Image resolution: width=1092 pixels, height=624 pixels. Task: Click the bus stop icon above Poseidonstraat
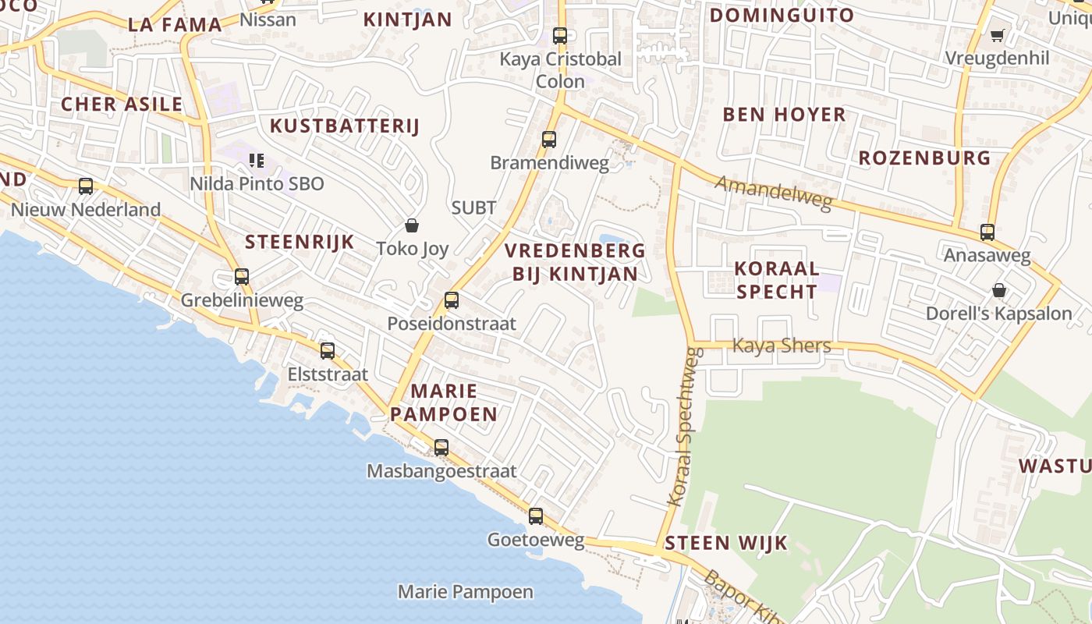451,300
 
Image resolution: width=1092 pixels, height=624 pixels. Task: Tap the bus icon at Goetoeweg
535,516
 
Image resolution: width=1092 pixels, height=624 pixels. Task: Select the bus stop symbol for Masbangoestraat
441,448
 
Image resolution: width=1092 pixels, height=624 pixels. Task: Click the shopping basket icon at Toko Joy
412,225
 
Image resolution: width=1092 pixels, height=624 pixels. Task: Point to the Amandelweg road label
774,192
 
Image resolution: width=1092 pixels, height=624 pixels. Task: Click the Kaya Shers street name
782,346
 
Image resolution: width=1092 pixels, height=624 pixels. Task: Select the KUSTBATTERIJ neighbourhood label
345,126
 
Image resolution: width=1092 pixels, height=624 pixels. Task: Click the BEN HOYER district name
784,115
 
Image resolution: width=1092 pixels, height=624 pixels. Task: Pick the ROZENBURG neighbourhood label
924,158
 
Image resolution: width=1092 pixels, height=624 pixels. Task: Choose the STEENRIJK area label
300,242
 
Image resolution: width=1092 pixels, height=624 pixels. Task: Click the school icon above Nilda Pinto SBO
256,161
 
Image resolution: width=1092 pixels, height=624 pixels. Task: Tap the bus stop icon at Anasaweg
987,232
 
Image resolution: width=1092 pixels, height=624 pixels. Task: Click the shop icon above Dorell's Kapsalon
998,291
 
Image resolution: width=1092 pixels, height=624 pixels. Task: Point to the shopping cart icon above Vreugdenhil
997,35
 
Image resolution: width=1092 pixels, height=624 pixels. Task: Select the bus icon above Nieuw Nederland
86,186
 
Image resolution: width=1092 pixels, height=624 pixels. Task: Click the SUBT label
473,207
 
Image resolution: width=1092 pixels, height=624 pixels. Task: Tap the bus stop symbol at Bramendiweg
549,140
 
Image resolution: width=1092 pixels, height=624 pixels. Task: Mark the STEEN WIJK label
726,543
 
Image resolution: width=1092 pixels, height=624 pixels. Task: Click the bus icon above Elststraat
328,351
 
